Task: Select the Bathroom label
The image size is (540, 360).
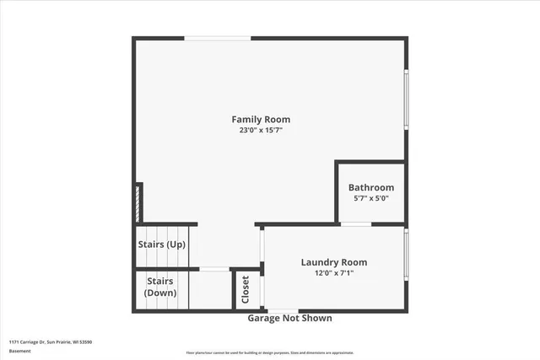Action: (371, 187)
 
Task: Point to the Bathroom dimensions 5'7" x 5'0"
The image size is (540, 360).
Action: (371, 198)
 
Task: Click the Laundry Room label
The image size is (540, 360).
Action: (334, 262)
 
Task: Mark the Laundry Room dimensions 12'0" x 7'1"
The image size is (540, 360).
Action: (334, 272)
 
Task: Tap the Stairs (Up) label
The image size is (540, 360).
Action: (162, 244)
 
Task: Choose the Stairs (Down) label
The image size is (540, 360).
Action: (160, 287)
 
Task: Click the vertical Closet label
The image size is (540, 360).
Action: (246, 290)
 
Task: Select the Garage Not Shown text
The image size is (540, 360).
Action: (289, 319)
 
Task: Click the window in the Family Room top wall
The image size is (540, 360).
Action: (218, 38)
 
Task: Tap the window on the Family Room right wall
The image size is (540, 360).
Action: (406, 101)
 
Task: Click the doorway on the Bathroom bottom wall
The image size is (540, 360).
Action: (356, 224)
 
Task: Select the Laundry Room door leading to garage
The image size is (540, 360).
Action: (282, 312)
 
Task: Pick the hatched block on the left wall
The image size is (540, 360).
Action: (138, 203)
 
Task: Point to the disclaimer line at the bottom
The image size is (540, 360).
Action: (270, 352)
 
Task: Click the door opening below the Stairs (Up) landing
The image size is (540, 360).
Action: (214, 269)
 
